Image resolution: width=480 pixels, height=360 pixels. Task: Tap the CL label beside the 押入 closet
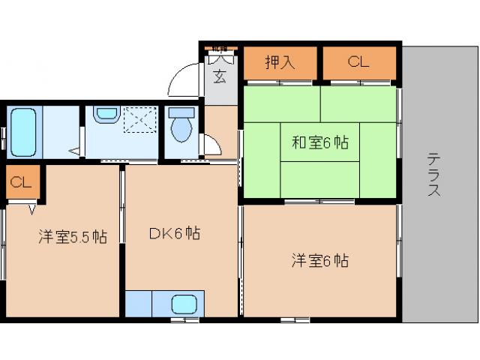[358, 62]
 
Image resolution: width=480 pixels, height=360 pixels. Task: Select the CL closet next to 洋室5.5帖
[21, 182]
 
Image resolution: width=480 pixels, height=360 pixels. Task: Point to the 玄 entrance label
[219, 76]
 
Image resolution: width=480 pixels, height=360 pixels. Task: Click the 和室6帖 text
[319, 141]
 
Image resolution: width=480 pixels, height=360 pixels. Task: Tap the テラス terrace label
[434, 175]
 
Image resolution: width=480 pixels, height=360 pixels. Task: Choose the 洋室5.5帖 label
[73, 237]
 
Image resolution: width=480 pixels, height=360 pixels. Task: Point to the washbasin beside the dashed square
[106, 114]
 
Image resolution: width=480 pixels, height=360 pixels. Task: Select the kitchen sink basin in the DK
[184, 304]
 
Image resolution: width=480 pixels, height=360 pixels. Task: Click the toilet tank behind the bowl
[181, 112]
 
